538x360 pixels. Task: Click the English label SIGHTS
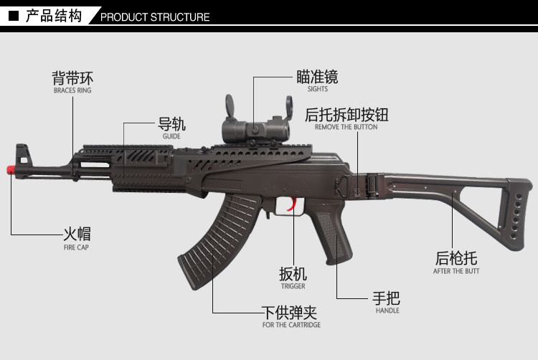click(317, 90)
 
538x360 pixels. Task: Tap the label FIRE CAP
click(75, 247)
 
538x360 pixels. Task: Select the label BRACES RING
click(72, 91)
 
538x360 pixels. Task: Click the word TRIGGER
click(293, 286)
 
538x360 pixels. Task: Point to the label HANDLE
click(387, 311)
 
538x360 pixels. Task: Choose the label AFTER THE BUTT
click(456, 271)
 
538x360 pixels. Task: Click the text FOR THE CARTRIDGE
click(291, 325)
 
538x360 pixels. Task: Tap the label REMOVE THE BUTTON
click(346, 127)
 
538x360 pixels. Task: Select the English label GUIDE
click(171, 136)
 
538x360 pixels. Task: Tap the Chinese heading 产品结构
click(53, 16)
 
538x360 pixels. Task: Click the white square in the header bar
click(13, 14)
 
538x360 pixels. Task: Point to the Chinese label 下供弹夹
click(289, 313)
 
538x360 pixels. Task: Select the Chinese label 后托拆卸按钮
click(346, 115)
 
